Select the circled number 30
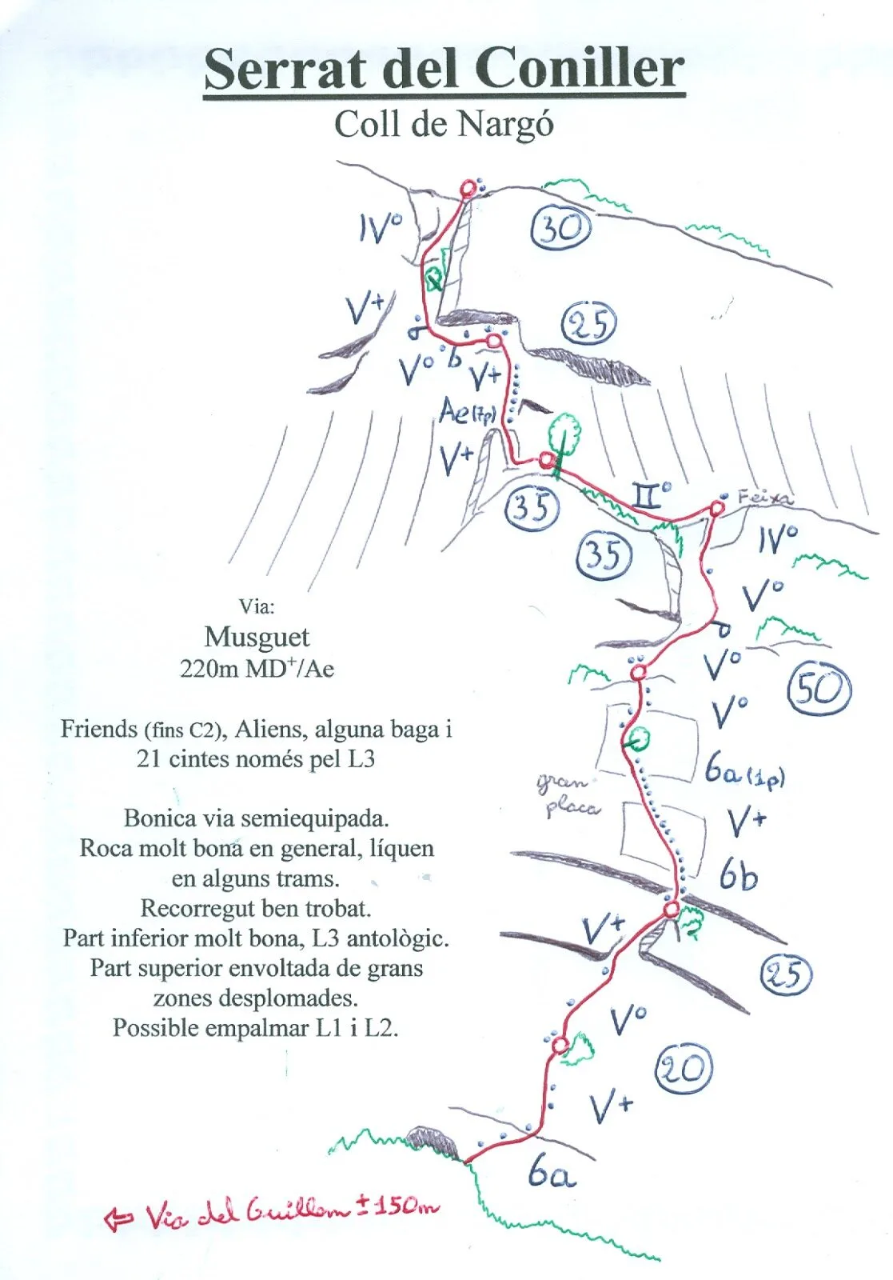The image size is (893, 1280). (x=561, y=230)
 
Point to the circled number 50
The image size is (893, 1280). (x=819, y=689)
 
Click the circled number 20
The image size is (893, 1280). (x=684, y=1070)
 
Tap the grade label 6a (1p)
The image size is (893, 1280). (x=744, y=772)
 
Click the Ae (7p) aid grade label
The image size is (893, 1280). (x=468, y=412)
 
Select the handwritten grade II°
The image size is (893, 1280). (x=652, y=496)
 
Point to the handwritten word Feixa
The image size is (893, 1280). (x=765, y=498)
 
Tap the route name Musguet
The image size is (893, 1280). (x=257, y=637)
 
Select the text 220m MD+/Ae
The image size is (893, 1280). (x=257, y=668)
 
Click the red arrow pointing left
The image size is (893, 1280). (x=119, y=1218)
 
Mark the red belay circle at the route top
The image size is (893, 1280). (x=468, y=189)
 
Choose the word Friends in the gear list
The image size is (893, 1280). (x=99, y=729)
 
